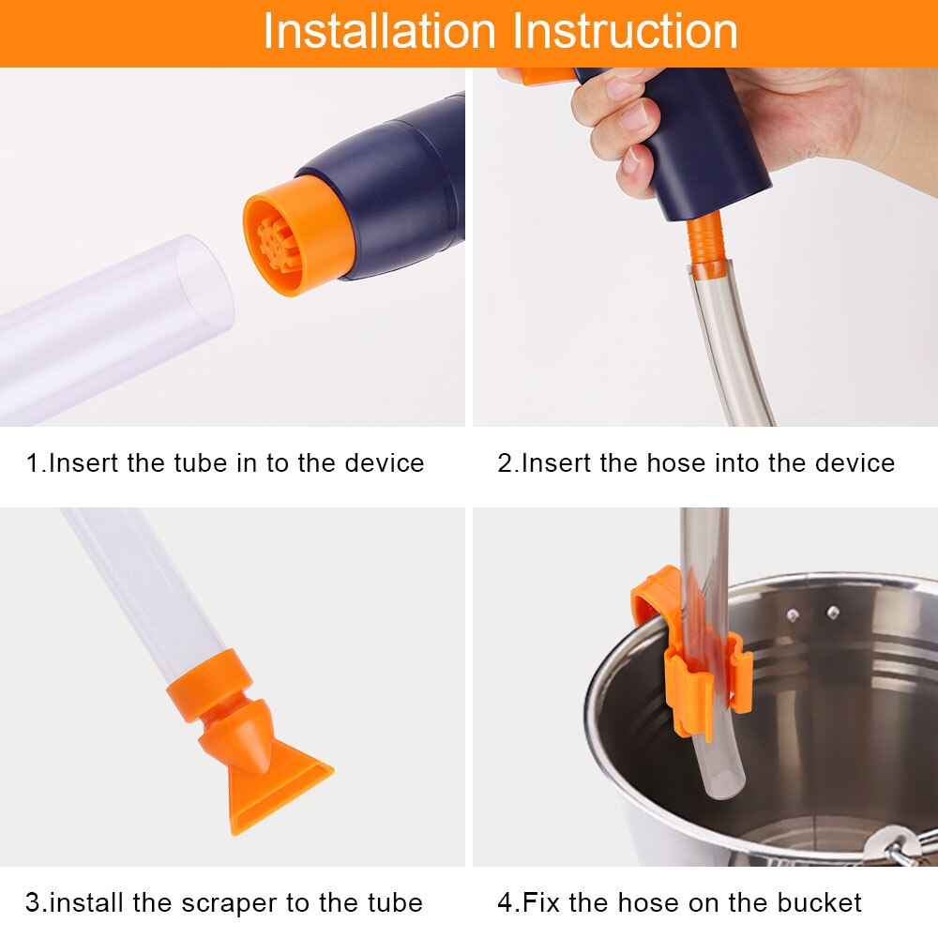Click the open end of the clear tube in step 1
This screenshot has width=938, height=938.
click(x=204, y=283)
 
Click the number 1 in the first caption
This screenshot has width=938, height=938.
click(x=32, y=462)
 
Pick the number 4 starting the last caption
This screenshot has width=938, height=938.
click(x=504, y=903)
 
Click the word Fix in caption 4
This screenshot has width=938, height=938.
click(x=540, y=903)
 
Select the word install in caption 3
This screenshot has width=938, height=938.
click(x=87, y=903)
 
